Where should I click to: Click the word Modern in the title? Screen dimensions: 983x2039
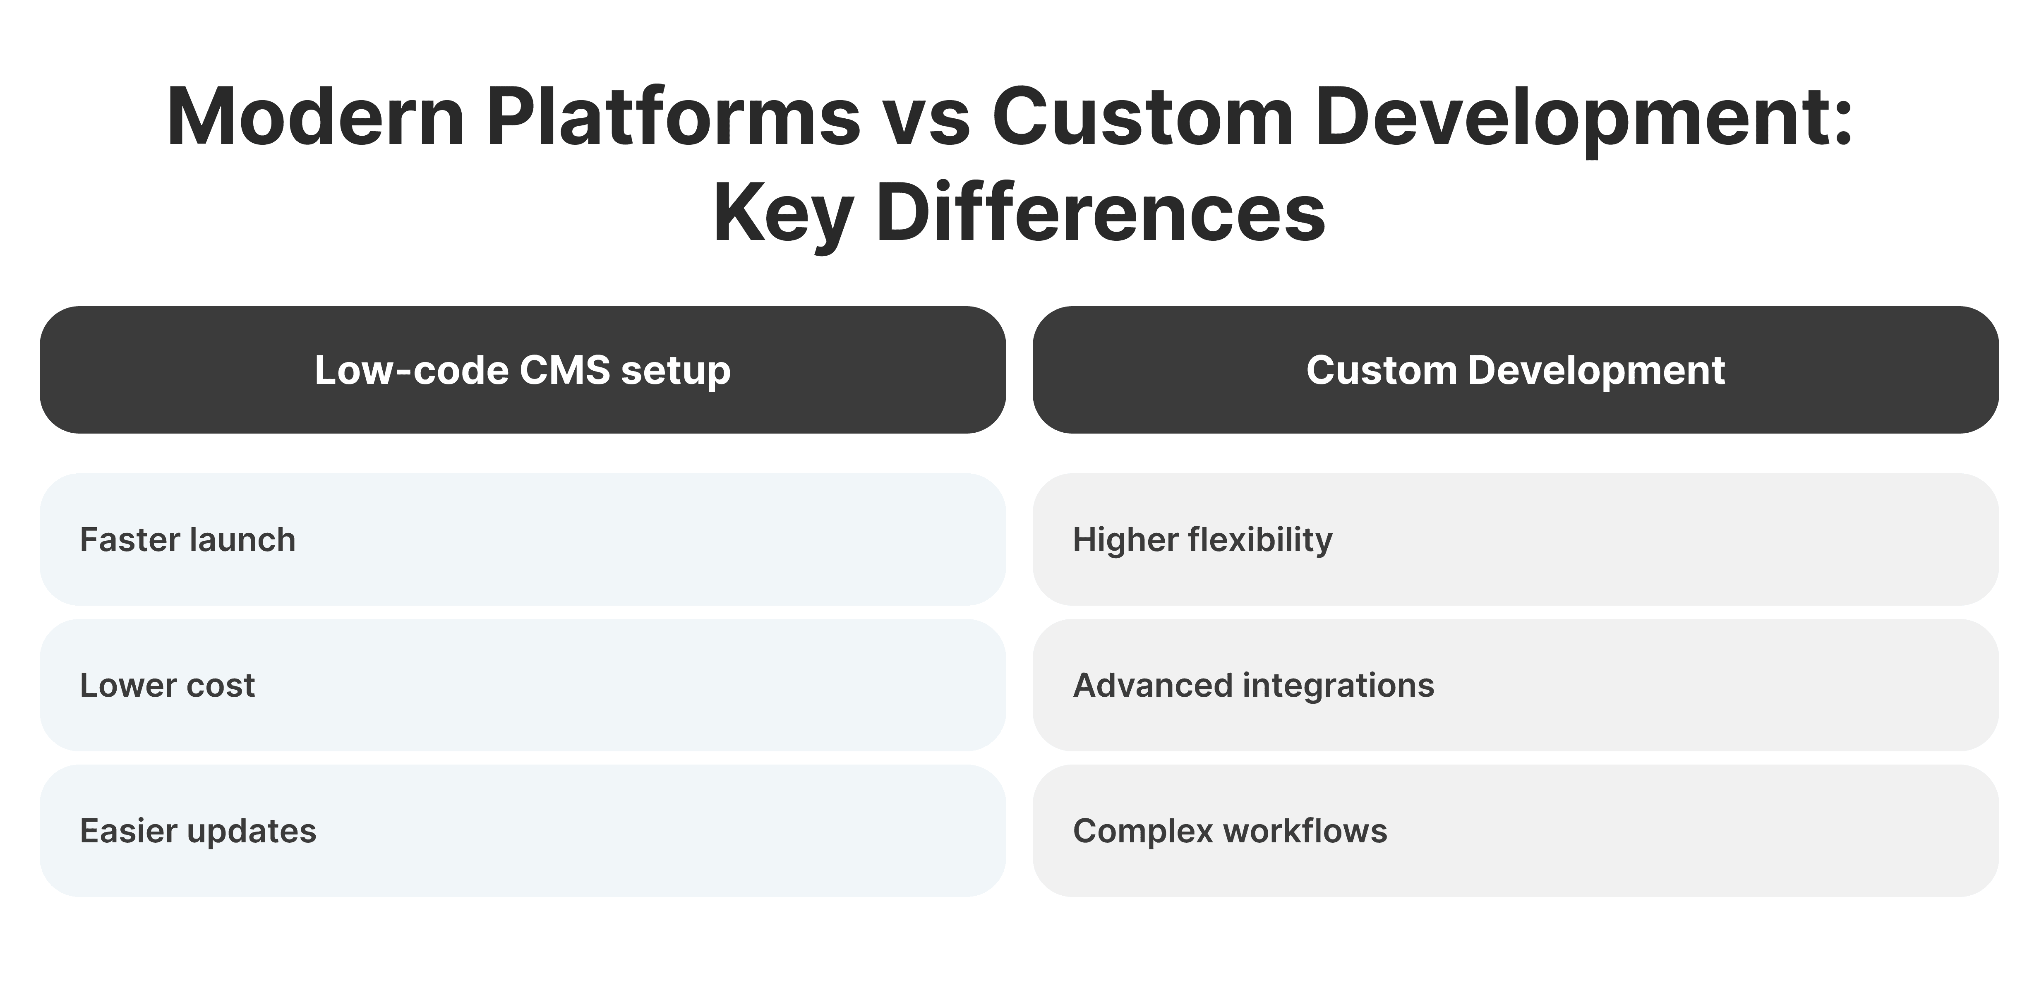click(x=315, y=117)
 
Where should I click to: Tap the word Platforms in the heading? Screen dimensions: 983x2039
click(x=673, y=117)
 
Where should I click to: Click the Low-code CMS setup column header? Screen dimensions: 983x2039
click(x=523, y=369)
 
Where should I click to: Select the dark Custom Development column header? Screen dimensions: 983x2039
click(x=1515, y=369)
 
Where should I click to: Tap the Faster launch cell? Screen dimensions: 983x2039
click(x=523, y=540)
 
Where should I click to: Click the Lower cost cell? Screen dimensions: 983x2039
click(x=523, y=686)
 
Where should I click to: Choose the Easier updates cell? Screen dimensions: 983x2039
click(x=523, y=831)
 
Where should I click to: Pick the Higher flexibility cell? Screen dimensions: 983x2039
click(x=1515, y=540)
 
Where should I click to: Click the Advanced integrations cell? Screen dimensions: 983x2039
click(x=1515, y=686)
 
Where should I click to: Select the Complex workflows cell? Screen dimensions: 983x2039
click(x=1515, y=831)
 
